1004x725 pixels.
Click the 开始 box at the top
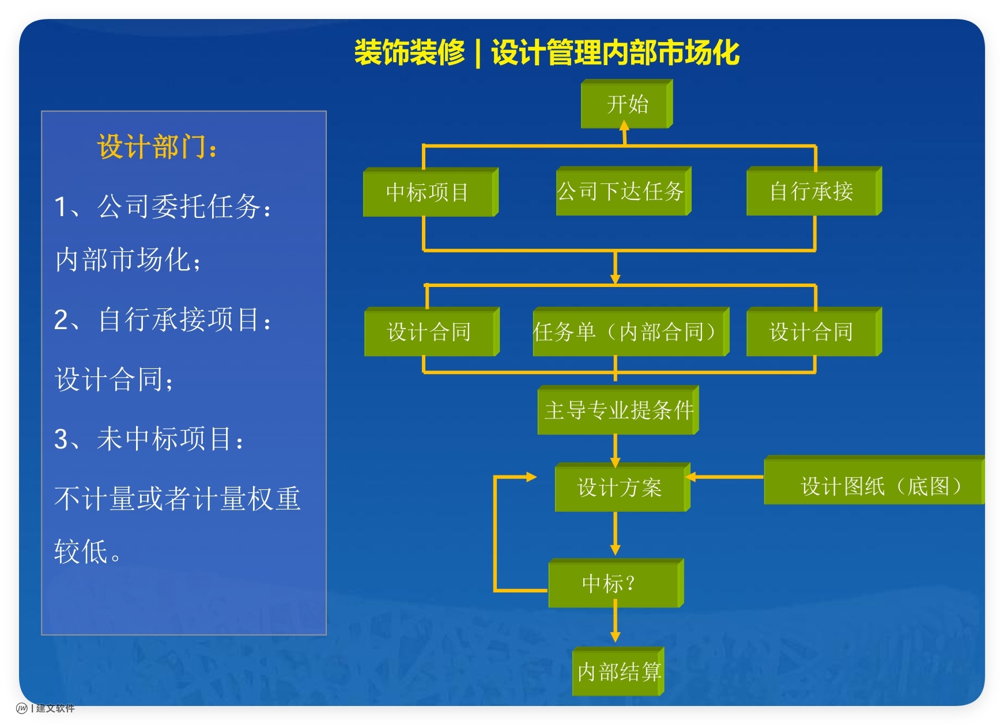tap(626, 104)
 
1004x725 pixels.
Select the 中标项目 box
tap(430, 192)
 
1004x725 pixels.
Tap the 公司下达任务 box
tap(622, 191)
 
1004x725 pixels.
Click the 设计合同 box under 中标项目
tap(431, 332)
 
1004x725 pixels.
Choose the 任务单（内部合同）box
tap(630, 332)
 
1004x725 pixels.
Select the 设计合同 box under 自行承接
tap(813, 332)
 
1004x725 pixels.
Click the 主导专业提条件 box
tap(618, 410)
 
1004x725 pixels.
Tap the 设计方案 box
tap(621, 488)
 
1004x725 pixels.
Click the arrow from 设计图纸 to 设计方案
tap(725, 477)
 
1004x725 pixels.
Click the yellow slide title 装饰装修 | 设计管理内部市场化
tap(546, 53)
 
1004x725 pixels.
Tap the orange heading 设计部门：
tap(157, 146)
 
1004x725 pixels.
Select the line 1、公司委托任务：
tap(162, 206)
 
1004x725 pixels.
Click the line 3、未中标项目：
tap(149, 439)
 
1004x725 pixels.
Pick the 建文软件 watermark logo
tap(46, 708)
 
